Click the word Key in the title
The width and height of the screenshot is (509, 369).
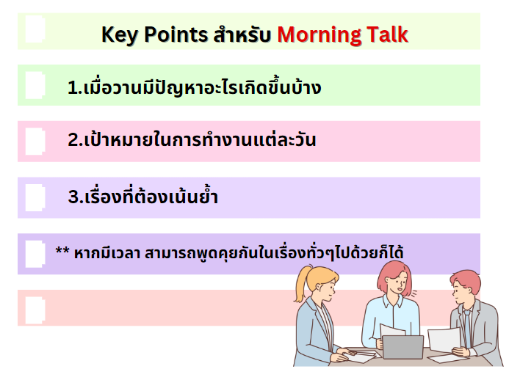(x=120, y=34)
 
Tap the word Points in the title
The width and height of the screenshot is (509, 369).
(x=176, y=34)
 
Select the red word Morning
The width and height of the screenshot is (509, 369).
(x=319, y=34)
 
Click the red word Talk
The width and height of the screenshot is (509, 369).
(x=387, y=34)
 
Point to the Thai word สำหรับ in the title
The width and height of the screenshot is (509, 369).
(x=242, y=34)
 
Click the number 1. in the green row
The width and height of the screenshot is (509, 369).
(x=75, y=88)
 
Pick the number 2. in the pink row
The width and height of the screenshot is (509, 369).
(x=76, y=140)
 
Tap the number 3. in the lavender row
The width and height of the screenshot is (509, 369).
(x=76, y=197)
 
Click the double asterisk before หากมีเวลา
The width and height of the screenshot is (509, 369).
(x=62, y=250)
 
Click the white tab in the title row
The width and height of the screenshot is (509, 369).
(x=35, y=29)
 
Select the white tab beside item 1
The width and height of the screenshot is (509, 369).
(x=35, y=85)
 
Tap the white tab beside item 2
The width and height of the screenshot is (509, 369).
(x=35, y=142)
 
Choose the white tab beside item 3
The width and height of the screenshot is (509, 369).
(x=35, y=198)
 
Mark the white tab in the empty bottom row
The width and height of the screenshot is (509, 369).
(x=35, y=310)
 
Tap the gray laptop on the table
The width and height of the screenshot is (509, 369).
(x=402, y=347)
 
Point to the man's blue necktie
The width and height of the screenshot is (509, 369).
(x=467, y=327)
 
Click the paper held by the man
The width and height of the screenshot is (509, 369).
(x=444, y=340)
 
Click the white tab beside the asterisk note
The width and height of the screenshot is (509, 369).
(x=35, y=254)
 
